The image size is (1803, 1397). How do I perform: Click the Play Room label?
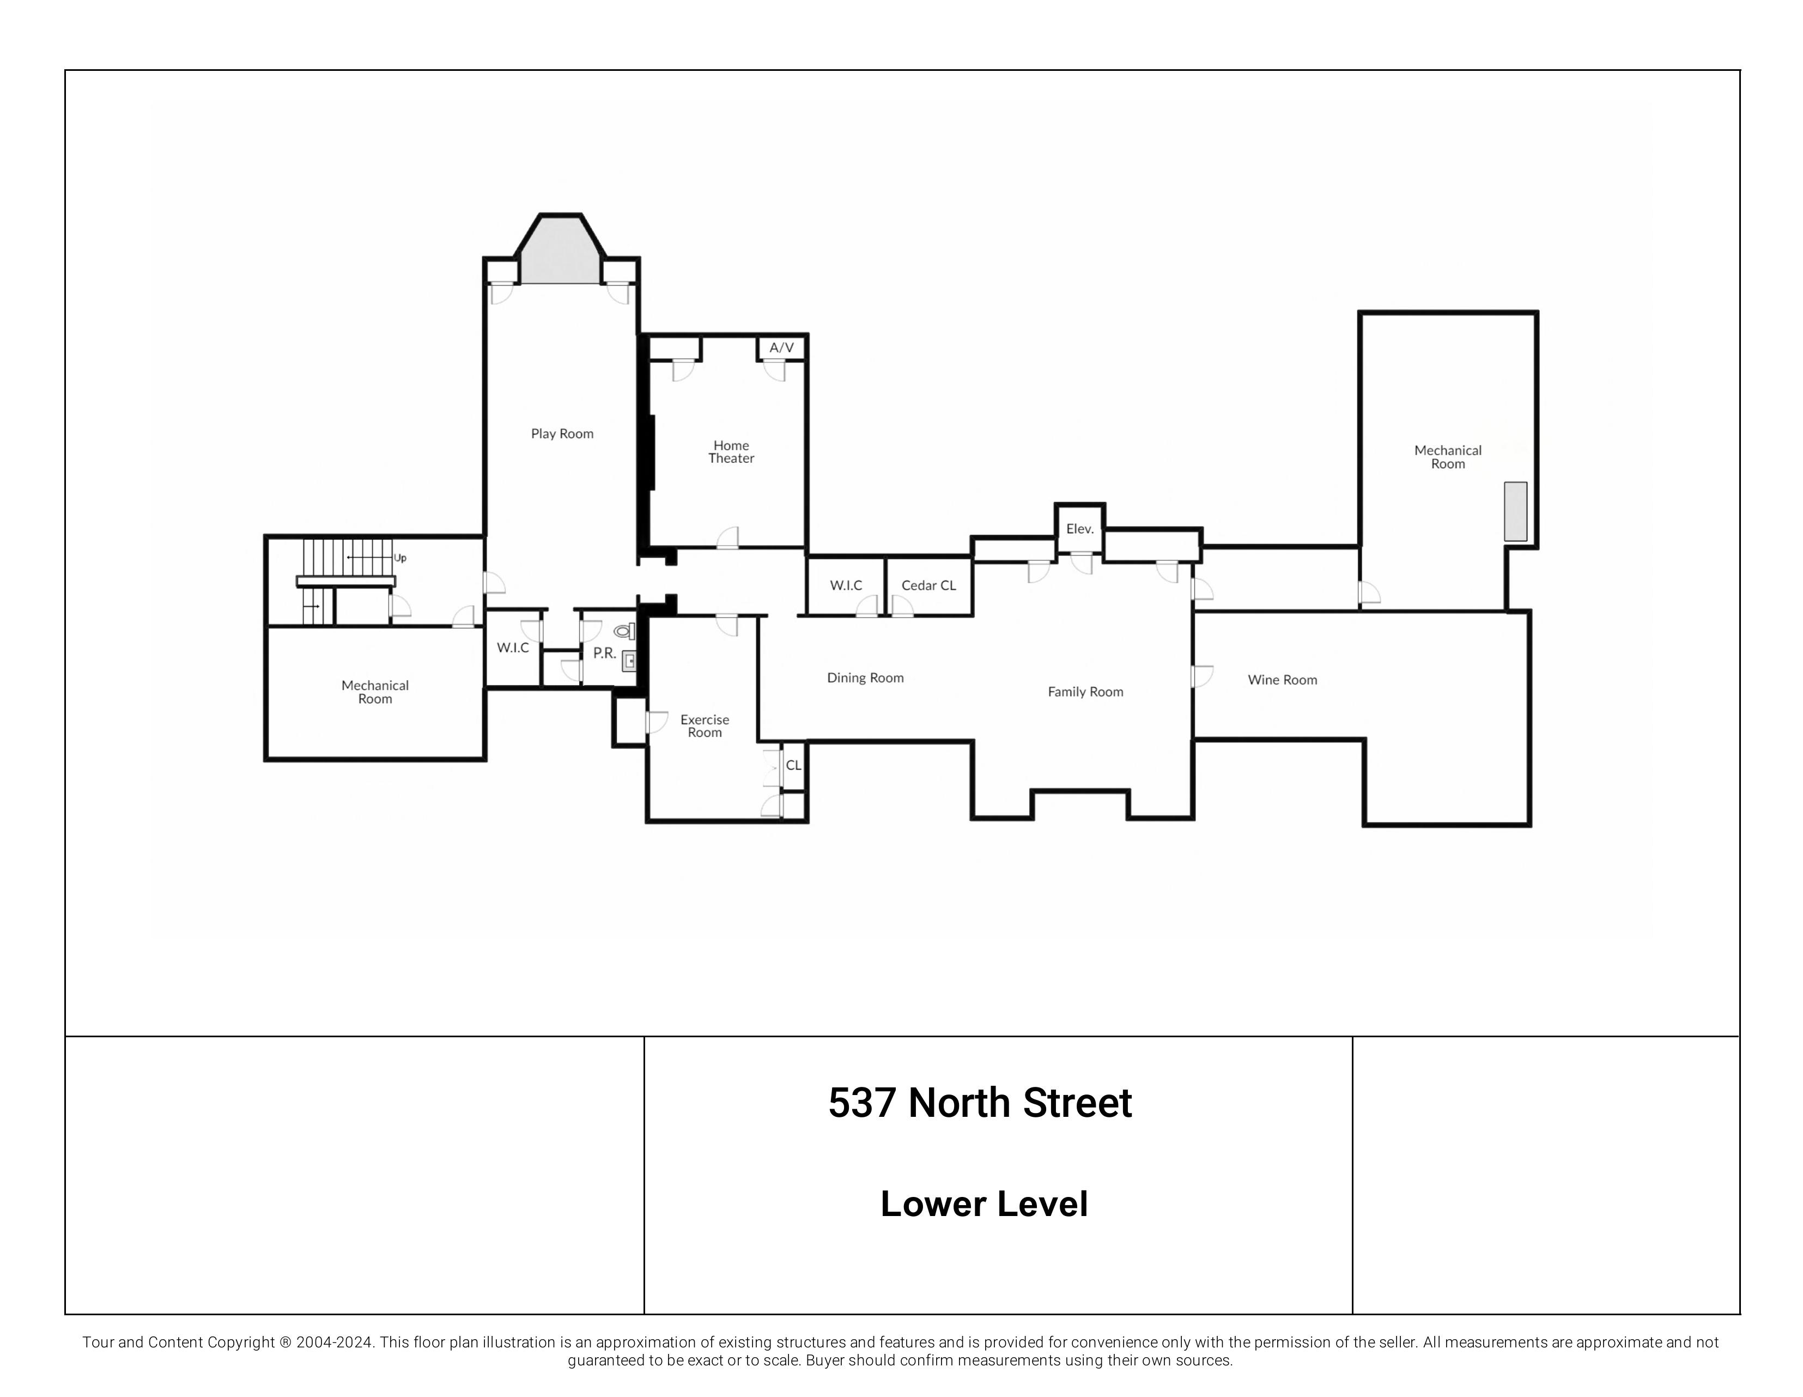[562, 433]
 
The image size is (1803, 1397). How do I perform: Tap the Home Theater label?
[731, 452]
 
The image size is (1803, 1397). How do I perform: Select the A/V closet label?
[781, 348]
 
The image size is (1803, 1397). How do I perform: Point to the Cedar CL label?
[928, 585]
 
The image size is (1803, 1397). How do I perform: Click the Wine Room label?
[1282, 680]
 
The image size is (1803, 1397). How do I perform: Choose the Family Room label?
[1085, 692]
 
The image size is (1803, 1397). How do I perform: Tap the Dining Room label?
[865, 678]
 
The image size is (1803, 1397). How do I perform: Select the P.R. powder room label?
[604, 653]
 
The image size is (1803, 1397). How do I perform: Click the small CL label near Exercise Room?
[793, 765]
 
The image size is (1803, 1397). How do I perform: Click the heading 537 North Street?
[980, 1103]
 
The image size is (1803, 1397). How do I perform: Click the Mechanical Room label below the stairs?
[375, 692]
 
